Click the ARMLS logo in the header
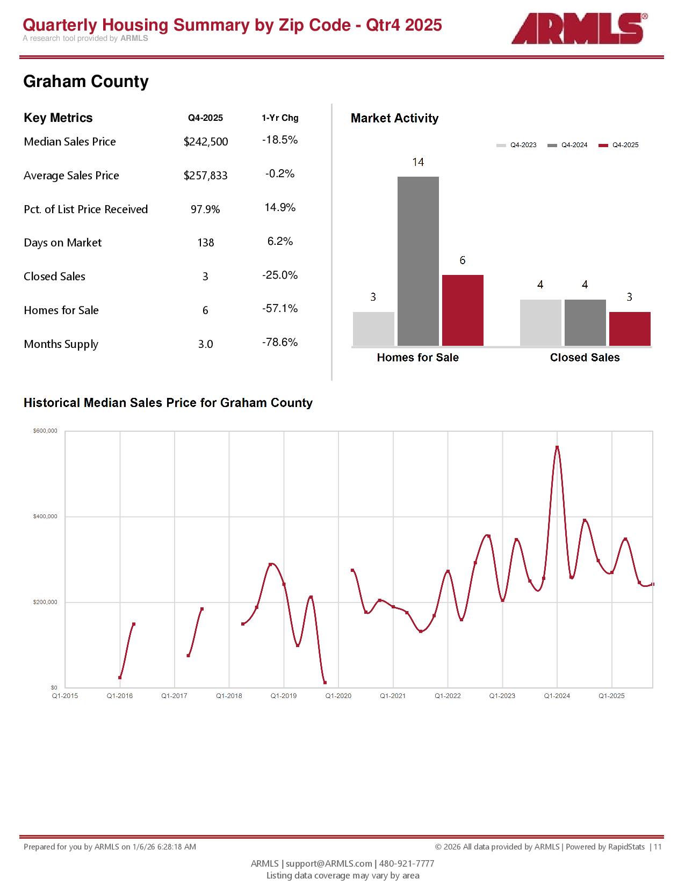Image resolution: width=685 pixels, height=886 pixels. [578, 28]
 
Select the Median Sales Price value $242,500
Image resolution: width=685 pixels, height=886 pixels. [206, 142]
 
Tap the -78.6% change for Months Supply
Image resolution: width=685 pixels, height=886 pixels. [280, 343]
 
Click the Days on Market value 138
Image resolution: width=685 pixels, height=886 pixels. [206, 243]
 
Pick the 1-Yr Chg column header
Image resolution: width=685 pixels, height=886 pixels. [280, 118]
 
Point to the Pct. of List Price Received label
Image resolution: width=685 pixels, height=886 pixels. [86, 209]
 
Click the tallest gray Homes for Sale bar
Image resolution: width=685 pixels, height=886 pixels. [418, 261]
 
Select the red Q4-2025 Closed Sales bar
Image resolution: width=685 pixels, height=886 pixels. [630, 329]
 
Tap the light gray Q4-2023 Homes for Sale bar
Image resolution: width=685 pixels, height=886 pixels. [373, 329]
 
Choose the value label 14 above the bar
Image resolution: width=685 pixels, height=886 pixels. [418, 162]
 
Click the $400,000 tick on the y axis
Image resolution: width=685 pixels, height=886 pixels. [45, 517]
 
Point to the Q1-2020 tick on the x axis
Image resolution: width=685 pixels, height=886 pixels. [338, 696]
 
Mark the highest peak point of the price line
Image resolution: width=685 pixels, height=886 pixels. [557, 447]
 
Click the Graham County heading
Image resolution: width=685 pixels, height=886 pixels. [86, 82]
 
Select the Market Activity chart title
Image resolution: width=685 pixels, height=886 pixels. [394, 118]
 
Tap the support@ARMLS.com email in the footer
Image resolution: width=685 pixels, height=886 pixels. [329, 863]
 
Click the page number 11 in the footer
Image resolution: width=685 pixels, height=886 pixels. [658, 847]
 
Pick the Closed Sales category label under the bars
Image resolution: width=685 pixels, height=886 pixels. [585, 358]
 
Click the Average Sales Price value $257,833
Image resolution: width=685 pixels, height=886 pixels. [206, 176]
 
